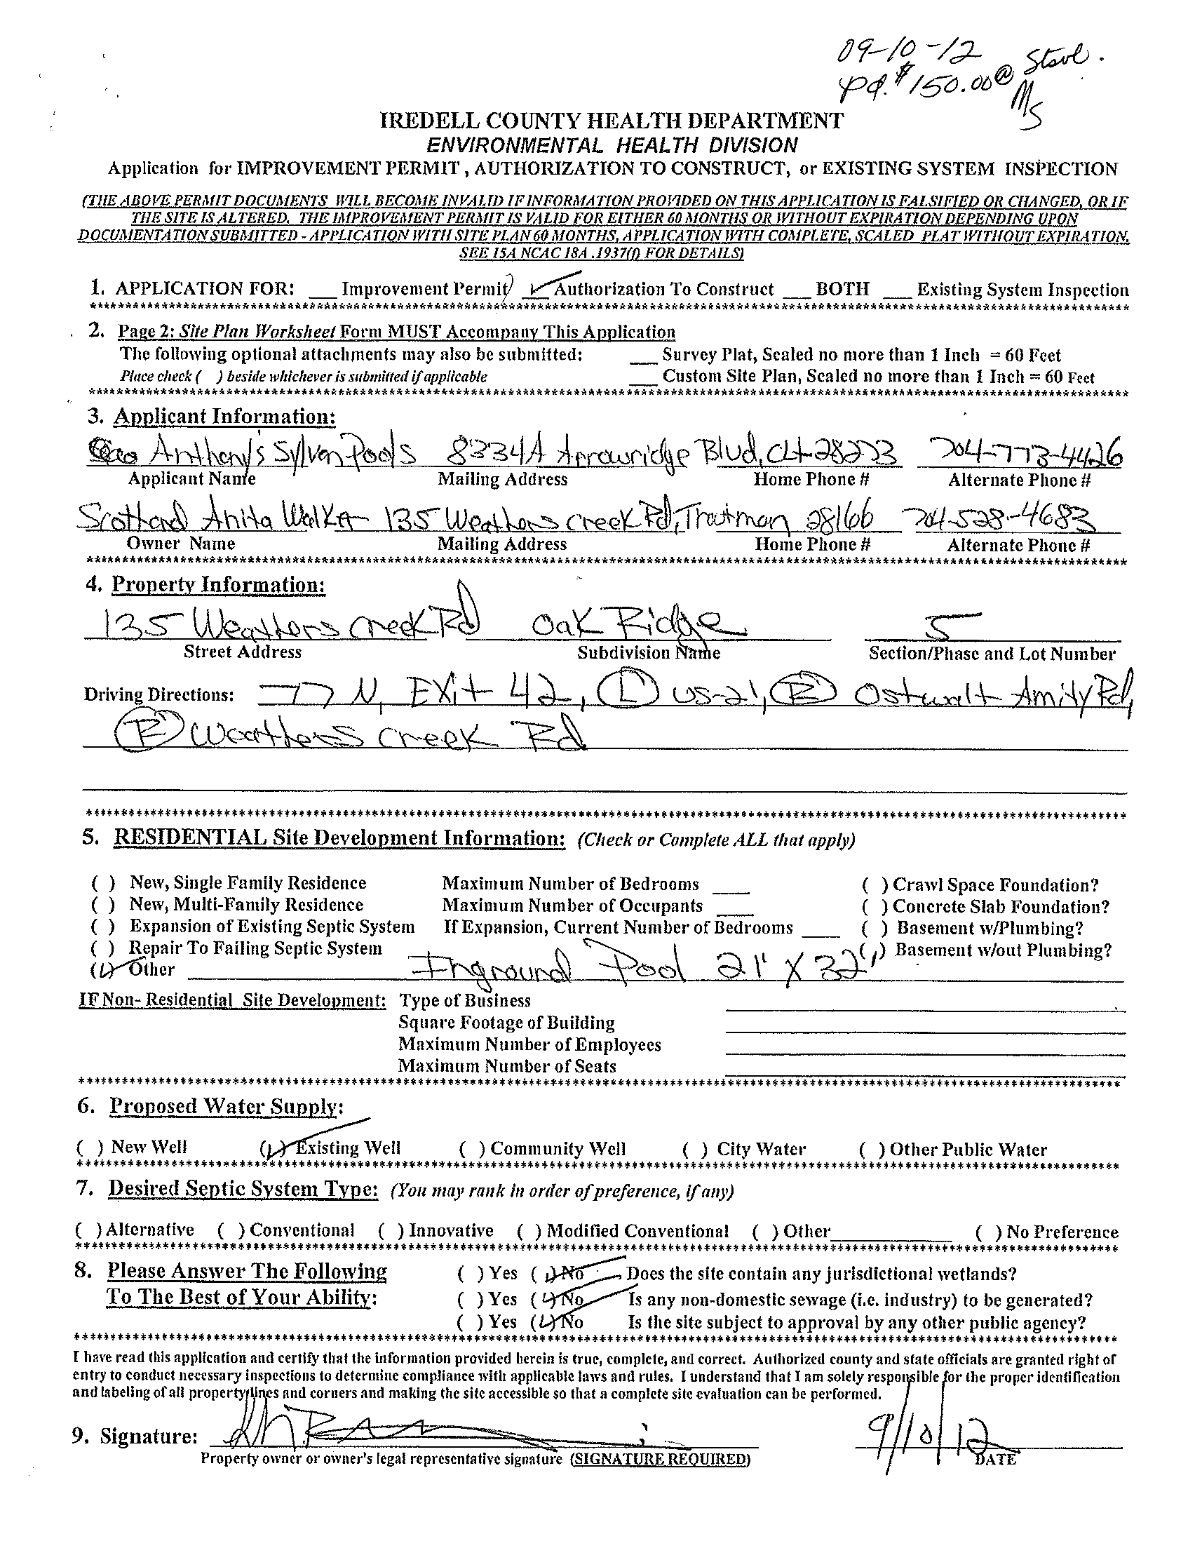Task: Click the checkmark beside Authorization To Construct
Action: point(542,287)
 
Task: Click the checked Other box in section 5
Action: point(104,971)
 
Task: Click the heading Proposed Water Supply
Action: point(225,1105)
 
